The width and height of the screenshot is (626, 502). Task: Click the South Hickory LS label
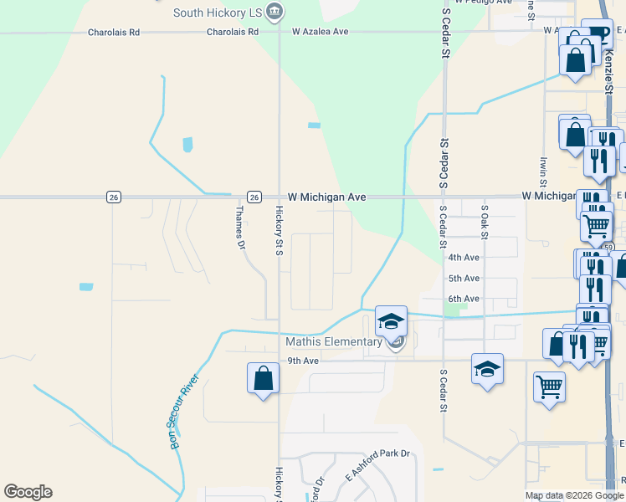click(217, 13)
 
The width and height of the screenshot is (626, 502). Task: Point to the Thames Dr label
click(241, 228)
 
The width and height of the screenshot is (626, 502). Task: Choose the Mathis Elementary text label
click(334, 341)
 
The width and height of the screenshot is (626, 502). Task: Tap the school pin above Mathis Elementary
click(391, 320)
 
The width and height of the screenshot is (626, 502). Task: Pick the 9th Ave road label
click(303, 361)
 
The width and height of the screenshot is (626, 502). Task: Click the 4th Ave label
click(464, 258)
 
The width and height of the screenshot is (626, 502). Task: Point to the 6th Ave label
click(464, 299)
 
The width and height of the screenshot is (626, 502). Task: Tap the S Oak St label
click(484, 220)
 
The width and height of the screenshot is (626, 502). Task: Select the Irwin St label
click(543, 171)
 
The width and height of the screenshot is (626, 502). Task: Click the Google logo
click(28, 492)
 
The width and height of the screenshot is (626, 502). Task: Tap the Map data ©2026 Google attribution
click(574, 496)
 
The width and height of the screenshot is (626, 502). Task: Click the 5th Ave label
click(464, 278)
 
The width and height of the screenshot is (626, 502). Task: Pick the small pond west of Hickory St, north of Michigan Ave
click(187, 145)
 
